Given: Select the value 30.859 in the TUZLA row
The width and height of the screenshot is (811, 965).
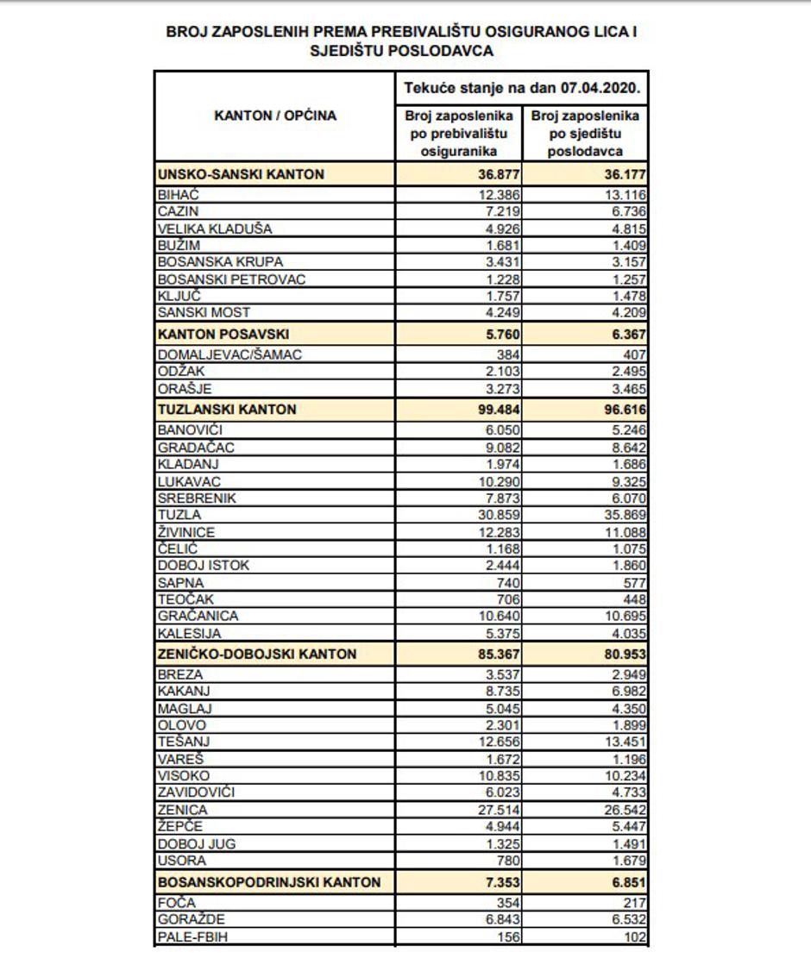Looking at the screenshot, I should click(x=500, y=515).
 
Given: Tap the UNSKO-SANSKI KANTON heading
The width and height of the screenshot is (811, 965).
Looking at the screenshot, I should click(x=242, y=174).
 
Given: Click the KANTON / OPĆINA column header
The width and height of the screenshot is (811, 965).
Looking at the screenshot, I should click(x=275, y=116).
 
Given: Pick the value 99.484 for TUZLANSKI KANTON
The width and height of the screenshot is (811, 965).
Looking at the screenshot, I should click(x=498, y=409).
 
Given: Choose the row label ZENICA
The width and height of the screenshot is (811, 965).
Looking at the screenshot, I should click(x=183, y=811).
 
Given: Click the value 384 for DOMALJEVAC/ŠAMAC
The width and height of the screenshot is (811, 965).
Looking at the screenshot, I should click(x=511, y=354).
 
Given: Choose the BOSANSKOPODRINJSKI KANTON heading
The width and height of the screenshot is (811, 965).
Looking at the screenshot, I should click(x=270, y=882).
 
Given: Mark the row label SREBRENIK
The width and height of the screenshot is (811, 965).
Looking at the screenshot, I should click(x=197, y=498).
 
